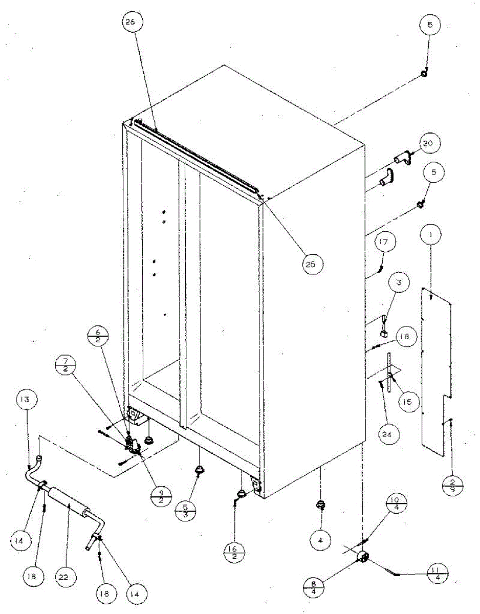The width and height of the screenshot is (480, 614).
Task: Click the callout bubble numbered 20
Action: click(x=428, y=144)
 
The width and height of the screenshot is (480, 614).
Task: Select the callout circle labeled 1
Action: click(x=431, y=235)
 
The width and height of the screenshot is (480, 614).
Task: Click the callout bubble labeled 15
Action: click(x=407, y=402)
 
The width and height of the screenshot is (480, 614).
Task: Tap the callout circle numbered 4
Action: click(x=321, y=539)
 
